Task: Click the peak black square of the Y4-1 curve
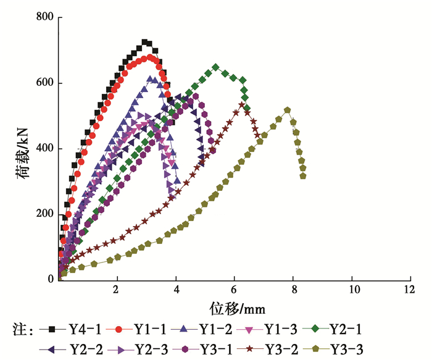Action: [x=144, y=42]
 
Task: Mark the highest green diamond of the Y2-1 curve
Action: [x=215, y=67]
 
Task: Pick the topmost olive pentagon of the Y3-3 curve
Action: [x=288, y=111]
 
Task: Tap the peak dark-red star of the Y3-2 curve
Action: [x=242, y=104]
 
